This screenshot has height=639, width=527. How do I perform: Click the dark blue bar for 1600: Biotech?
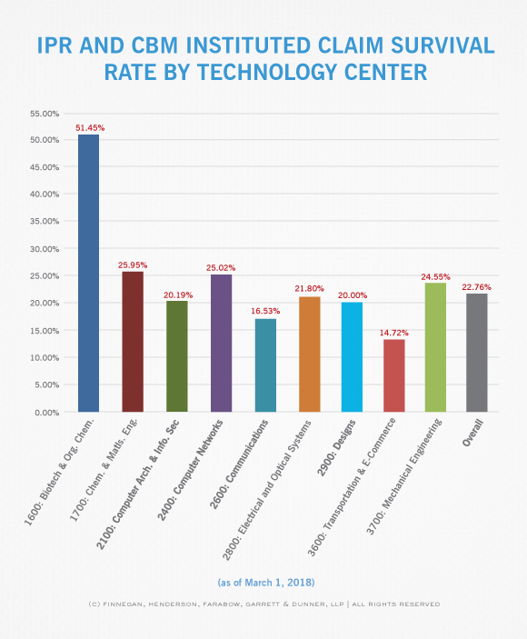(x=88, y=273)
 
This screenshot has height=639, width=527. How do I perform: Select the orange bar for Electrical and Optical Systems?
(x=310, y=354)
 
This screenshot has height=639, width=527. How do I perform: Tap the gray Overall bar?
(x=476, y=353)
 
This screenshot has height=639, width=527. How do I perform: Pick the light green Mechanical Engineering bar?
(x=435, y=347)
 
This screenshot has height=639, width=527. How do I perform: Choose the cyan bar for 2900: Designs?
(x=352, y=357)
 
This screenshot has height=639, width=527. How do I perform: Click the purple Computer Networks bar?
(x=221, y=344)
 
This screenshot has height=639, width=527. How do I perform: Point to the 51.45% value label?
(x=90, y=128)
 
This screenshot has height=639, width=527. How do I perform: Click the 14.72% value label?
(x=393, y=333)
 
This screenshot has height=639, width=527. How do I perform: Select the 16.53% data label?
(x=265, y=311)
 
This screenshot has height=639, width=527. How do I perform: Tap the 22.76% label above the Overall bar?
(x=476, y=287)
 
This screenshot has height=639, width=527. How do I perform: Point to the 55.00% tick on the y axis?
(x=45, y=114)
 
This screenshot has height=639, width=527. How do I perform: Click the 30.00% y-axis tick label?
(x=45, y=249)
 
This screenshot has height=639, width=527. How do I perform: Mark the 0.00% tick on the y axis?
(x=47, y=413)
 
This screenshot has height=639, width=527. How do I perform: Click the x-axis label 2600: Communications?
(x=239, y=464)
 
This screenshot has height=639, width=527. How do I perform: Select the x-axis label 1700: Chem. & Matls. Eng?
(x=104, y=470)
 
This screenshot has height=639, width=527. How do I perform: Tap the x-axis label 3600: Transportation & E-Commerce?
(x=351, y=487)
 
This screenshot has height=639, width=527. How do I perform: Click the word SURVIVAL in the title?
(x=442, y=45)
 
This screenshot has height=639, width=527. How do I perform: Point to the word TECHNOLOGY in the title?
(x=267, y=72)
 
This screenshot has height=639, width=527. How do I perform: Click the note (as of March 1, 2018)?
(x=266, y=583)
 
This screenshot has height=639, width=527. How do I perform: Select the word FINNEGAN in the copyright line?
(x=121, y=604)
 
